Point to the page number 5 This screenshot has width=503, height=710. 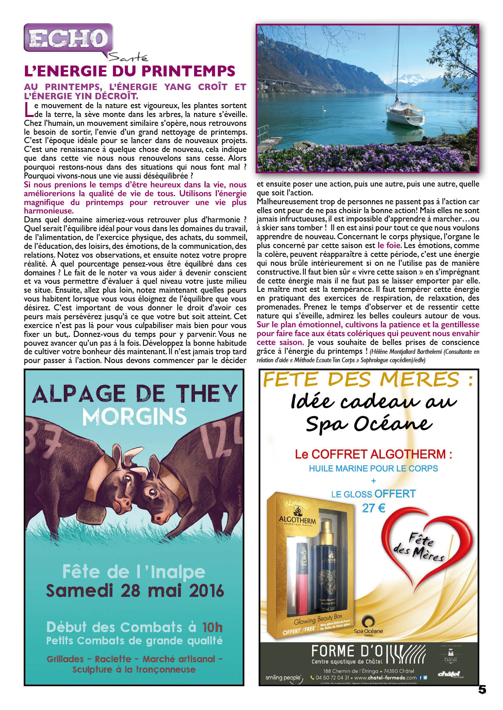pos(482,689)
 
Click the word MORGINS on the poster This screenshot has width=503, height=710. pos(134,417)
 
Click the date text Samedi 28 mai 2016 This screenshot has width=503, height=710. pos(135,591)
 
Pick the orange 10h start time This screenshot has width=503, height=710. pos(212,627)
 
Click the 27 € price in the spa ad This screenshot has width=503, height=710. pos(373,508)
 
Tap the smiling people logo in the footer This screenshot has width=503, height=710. pos(283,678)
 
